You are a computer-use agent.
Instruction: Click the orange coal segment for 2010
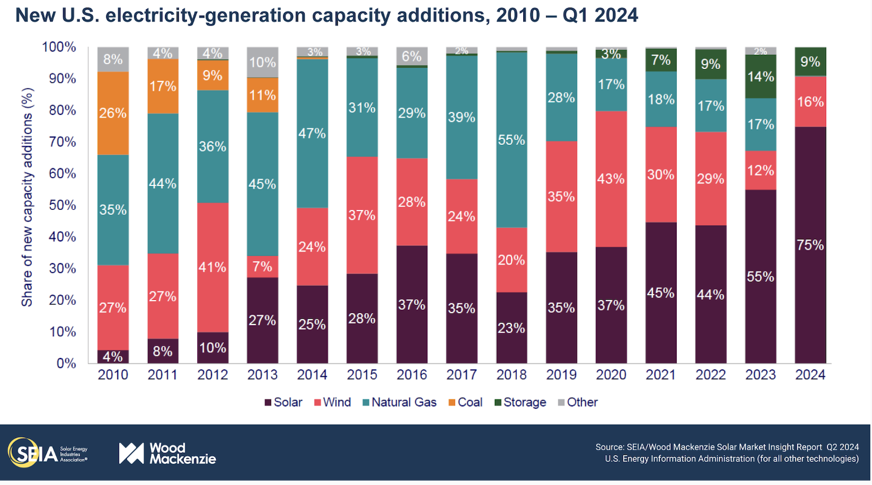click(x=113, y=113)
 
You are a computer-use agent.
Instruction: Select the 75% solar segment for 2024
click(x=810, y=245)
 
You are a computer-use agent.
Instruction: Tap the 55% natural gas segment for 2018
click(x=511, y=140)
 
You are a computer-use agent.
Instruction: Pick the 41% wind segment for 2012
click(x=213, y=267)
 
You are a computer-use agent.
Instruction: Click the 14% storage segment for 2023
click(x=760, y=76)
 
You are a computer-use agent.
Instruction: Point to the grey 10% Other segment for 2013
click(x=262, y=63)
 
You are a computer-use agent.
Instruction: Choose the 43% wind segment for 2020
click(x=611, y=179)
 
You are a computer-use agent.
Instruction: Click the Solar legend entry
click(x=283, y=402)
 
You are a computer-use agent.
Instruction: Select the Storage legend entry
click(x=520, y=402)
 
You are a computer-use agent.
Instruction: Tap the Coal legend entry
click(x=465, y=402)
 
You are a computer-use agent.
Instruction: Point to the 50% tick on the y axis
click(x=63, y=205)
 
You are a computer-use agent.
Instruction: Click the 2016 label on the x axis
click(x=411, y=375)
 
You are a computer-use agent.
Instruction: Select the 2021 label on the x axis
click(x=661, y=375)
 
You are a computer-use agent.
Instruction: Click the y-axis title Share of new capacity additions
click(x=27, y=197)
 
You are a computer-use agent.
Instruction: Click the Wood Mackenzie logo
click(x=167, y=453)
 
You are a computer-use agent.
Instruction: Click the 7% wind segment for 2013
click(x=262, y=266)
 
